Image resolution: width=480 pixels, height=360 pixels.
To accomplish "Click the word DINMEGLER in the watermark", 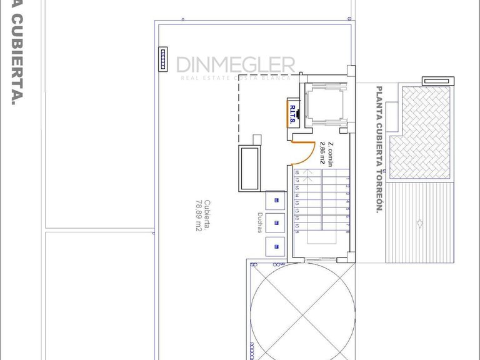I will [235, 64].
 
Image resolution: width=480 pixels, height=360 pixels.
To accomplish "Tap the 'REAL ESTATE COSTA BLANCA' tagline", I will [235, 78].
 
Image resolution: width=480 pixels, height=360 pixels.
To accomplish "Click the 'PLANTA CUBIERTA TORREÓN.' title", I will [378, 149].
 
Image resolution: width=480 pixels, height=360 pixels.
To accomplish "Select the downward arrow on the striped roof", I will [419, 223].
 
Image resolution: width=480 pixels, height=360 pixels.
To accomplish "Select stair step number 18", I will [297, 173].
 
